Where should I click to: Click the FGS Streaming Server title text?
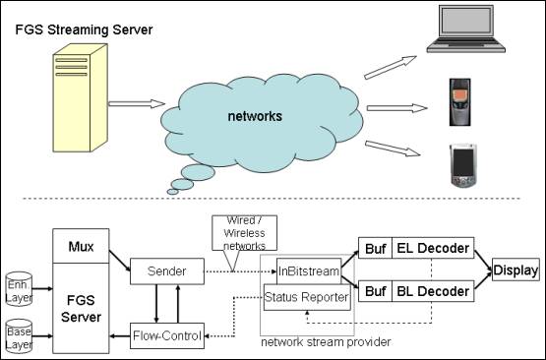(x=84, y=29)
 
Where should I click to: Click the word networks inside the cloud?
(x=254, y=116)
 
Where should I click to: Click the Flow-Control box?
(x=167, y=336)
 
